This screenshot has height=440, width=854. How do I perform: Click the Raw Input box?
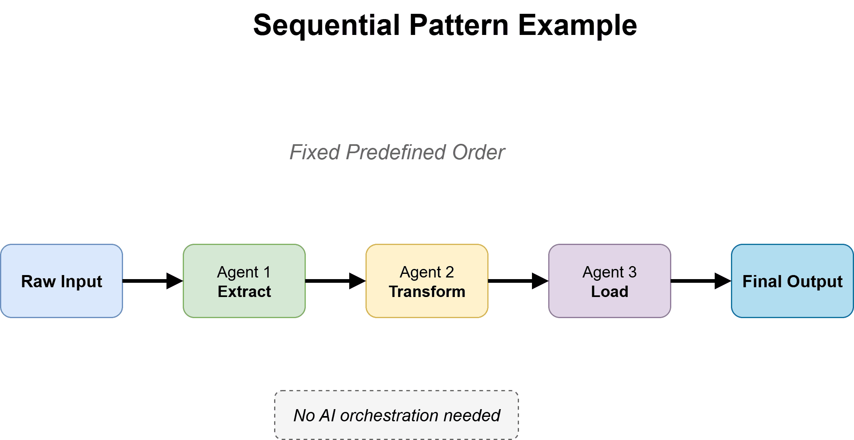61,281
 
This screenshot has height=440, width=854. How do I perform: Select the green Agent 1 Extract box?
244,281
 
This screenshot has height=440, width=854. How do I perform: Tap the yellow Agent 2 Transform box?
427,281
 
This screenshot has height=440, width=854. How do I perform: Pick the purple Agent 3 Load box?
610,281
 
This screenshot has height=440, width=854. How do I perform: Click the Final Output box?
792,281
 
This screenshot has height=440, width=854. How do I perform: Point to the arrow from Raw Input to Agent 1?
152,281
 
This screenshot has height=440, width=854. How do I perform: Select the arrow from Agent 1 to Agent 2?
335,281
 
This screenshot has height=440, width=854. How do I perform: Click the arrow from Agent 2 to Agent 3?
518,281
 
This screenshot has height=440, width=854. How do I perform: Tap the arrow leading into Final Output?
700,281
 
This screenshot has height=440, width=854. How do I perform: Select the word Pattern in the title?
458,26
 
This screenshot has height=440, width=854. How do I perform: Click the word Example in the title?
577,26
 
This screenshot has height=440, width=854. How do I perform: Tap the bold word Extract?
244,292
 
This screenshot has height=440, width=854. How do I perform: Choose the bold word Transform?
427,292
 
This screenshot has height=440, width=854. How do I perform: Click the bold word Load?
610,292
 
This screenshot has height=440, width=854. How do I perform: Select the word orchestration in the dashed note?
389,416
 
